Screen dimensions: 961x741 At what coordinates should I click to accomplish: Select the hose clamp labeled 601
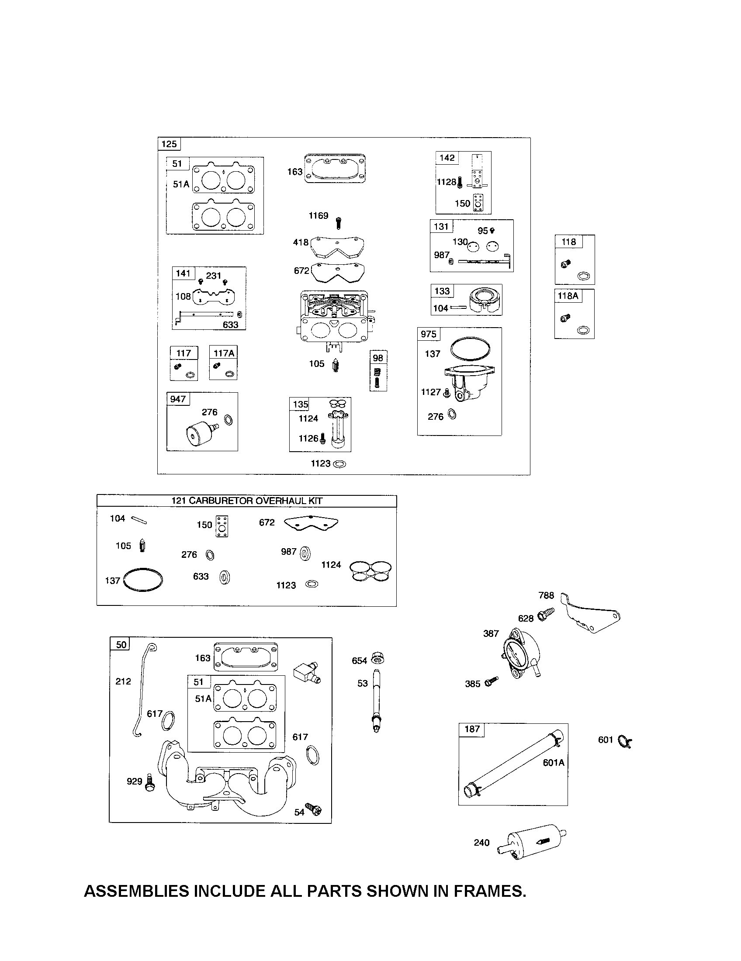pos(624,741)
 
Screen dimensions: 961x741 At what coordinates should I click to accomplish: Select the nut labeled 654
pos(377,659)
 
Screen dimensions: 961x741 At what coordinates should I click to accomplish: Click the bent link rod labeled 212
pos(142,691)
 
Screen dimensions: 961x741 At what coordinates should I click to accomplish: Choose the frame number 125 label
pos(169,144)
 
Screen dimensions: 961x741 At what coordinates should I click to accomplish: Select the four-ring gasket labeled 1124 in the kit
pos(370,571)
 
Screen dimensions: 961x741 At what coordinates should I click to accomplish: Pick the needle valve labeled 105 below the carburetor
pos(336,366)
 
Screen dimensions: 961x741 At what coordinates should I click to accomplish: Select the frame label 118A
pos(568,296)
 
